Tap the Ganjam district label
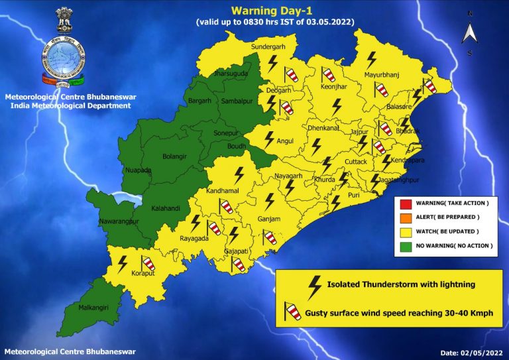click(269, 219)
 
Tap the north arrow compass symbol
click(470, 31)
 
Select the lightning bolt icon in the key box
click(315, 284)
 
